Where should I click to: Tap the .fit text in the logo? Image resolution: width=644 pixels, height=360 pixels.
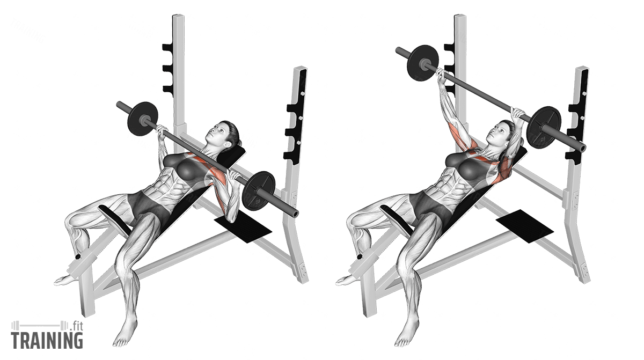[x=76, y=326]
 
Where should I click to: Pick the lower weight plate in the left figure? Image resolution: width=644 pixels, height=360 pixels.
[x=259, y=192]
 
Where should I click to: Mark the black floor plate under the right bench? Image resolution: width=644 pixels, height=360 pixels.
[x=525, y=226]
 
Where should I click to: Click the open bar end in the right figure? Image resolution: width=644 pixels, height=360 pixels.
[x=582, y=148]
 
